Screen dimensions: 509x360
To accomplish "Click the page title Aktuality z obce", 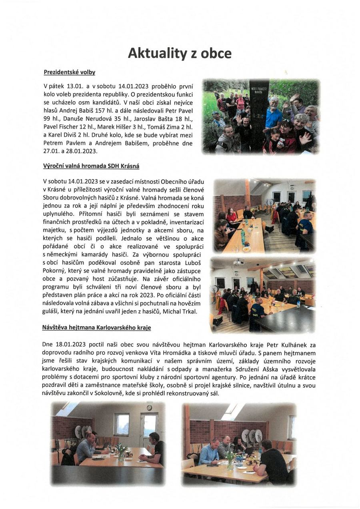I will tap(180, 53).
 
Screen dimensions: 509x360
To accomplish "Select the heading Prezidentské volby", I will tap(70, 72).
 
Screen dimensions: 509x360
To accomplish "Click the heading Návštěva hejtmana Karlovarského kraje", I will tap(96, 327).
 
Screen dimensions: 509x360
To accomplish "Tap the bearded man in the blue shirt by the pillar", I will tap(274, 114).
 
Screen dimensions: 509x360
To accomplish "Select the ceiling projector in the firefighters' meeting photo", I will tap(239, 262).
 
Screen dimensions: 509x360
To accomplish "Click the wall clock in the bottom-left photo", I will tap(149, 407).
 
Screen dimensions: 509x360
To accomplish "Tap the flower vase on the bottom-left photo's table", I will tap(120, 453).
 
